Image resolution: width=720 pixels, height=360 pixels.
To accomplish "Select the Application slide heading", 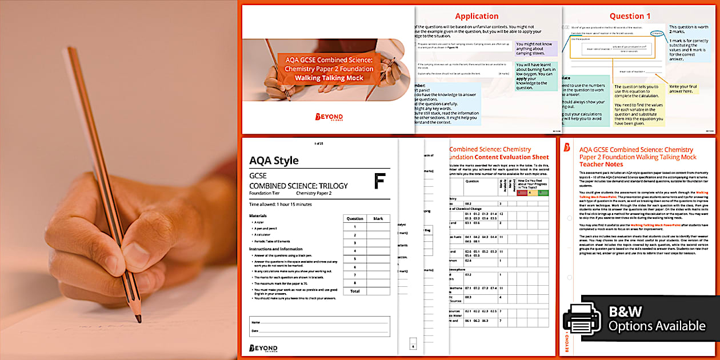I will point(477,16).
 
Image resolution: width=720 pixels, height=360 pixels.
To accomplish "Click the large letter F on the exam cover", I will point(379,181).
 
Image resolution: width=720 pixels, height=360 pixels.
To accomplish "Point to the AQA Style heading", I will point(274,161).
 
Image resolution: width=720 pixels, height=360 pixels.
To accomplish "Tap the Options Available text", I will point(657,326).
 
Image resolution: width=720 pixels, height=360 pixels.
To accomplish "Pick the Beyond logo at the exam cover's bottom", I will point(263,348).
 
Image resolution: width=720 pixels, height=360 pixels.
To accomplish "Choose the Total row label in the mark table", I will point(355,291).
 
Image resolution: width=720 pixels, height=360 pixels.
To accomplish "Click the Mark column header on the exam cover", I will point(378,218).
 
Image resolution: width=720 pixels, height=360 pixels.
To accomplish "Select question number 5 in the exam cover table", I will point(355,259).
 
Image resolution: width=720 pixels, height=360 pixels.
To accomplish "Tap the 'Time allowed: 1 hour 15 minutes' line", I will point(281,204).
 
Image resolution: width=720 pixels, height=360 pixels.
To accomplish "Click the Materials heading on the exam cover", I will point(258,215).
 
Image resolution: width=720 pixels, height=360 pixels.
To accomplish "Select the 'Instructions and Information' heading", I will point(276,249).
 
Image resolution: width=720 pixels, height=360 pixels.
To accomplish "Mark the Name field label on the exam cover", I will point(255,322).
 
